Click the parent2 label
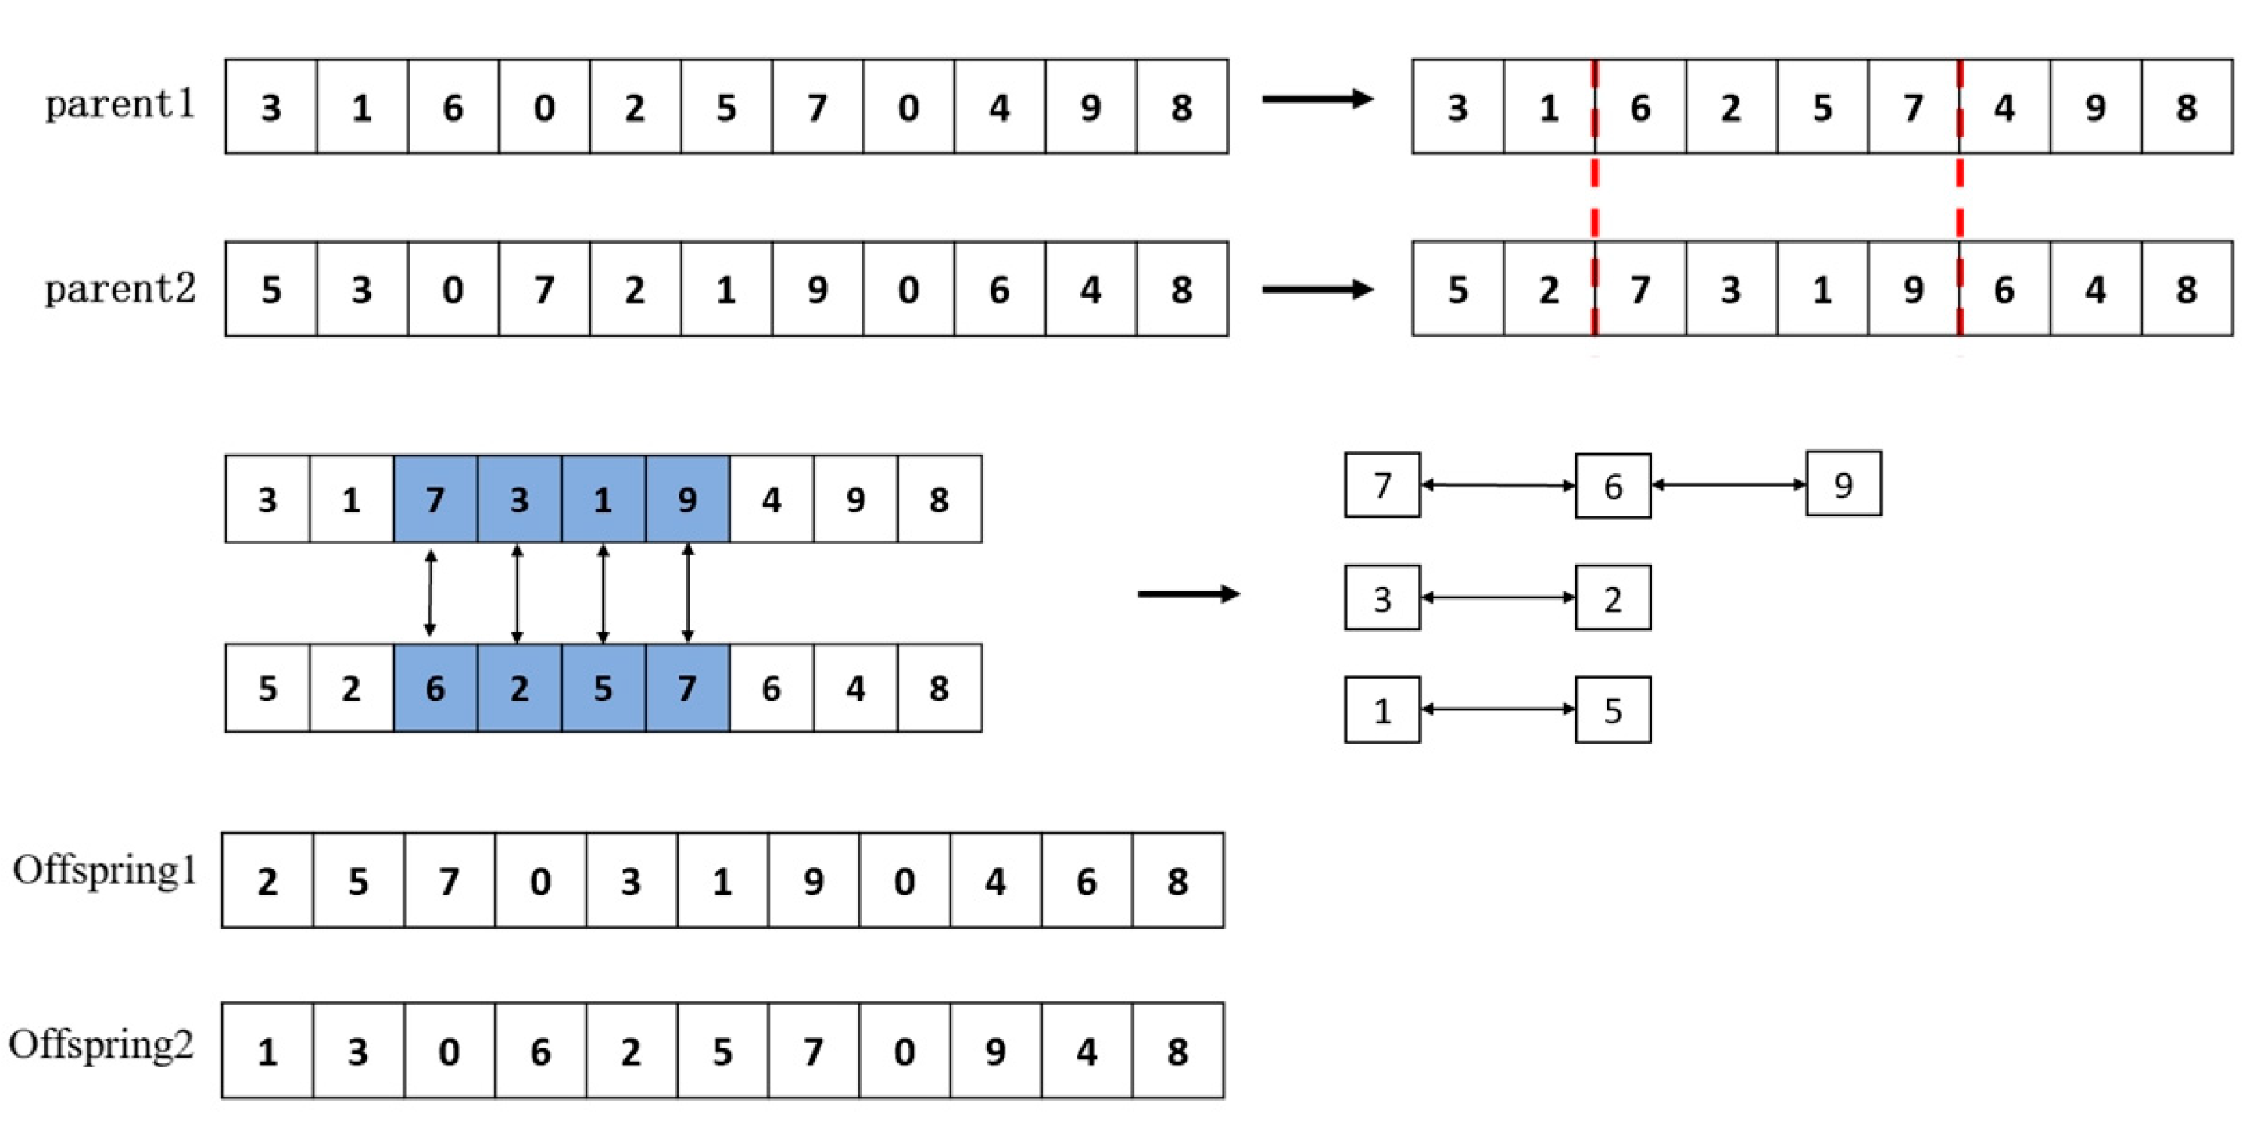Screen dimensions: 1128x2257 (x=120, y=289)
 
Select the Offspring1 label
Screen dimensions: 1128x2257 (x=105, y=872)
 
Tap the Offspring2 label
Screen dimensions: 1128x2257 (x=102, y=1044)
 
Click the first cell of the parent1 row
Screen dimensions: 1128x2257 (x=270, y=107)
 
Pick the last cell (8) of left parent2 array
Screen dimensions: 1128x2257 (x=1181, y=289)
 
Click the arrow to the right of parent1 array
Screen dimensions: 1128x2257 (x=1317, y=99)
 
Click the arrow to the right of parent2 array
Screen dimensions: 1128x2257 (x=1317, y=289)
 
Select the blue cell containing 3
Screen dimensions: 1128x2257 (x=518, y=499)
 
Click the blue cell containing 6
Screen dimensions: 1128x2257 (x=435, y=688)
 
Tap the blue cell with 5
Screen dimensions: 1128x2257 (x=603, y=688)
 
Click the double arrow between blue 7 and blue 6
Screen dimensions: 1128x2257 (x=429, y=593)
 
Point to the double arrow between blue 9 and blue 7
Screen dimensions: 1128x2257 (x=688, y=593)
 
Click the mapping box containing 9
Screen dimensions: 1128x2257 (x=1843, y=484)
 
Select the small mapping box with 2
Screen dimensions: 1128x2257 (x=1612, y=598)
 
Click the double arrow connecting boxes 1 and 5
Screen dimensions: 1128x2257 (x=1497, y=709)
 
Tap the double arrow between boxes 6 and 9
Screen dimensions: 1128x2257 (x=1728, y=484)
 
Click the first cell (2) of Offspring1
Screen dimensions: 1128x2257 (x=267, y=880)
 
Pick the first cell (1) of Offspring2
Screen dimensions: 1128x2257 (x=267, y=1050)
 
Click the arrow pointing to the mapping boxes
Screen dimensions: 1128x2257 (x=1188, y=594)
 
